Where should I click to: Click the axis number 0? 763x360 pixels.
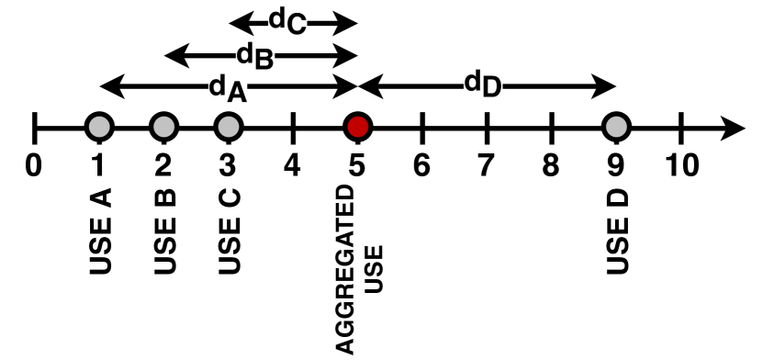click(x=34, y=165)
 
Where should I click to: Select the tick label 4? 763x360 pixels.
click(x=292, y=165)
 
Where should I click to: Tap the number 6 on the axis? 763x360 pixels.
click(x=421, y=165)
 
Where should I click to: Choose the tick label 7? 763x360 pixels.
click(x=486, y=165)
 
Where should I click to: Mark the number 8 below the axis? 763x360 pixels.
click(x=551, y=165)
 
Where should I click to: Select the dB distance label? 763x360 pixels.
click(x=255, y=56)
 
